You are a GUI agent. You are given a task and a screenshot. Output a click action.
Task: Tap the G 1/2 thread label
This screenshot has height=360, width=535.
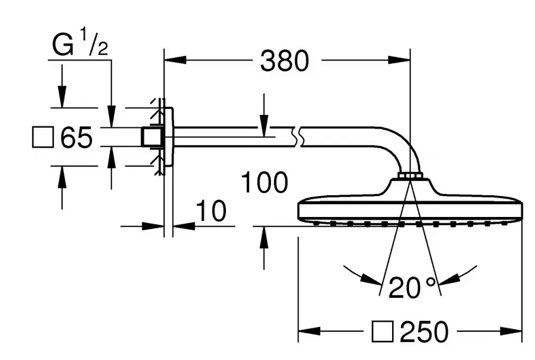[x=80, y=44]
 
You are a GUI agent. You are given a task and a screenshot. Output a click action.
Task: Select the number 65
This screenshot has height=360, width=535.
[x=77, y=137]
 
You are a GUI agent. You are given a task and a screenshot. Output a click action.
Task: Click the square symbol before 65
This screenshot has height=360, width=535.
[x=43, y=137]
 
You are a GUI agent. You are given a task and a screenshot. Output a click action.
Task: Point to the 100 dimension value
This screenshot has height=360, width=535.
[x=265, y=182]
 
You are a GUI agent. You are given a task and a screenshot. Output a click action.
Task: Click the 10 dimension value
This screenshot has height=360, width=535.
[x=211, y=211]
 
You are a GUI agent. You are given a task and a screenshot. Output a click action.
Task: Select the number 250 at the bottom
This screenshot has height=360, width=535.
[x=424, y=331]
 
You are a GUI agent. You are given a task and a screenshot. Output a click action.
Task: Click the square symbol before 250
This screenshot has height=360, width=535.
[x=383, y=331]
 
